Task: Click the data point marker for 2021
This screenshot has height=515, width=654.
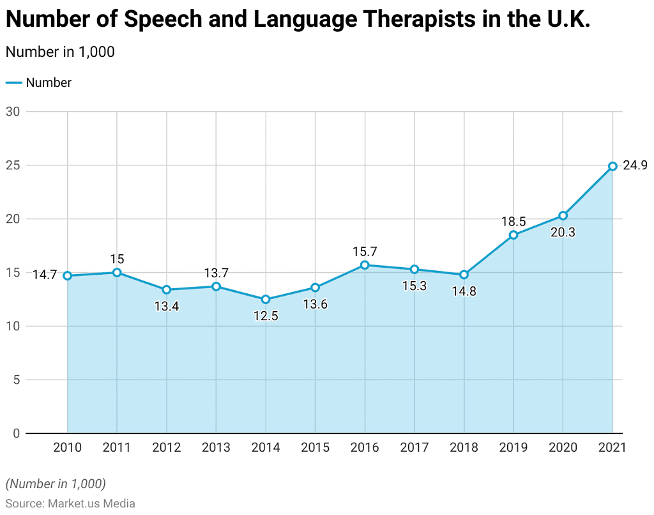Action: point(612,166)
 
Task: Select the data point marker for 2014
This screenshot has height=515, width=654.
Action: point(266,299)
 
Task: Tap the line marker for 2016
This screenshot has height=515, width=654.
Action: point(365,265)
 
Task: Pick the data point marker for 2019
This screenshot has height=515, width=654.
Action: point(513,235)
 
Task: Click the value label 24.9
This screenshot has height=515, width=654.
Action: point(635,166)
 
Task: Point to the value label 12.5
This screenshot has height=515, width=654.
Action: point(266,316)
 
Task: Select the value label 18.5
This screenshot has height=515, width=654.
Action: point(513,222)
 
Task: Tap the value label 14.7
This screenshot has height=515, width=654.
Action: point(45,275)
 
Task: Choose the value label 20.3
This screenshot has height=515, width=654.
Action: point(563,233)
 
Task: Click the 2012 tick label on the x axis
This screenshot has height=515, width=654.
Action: point(166,447)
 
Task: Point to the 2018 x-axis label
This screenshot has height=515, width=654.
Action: point(464,447)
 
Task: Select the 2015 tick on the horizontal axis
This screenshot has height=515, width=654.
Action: point(315,447)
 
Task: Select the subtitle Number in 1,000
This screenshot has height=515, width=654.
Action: point(60,52)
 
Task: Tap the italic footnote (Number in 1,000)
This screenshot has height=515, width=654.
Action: point(56,483)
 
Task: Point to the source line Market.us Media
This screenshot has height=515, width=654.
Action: point(70,503)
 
